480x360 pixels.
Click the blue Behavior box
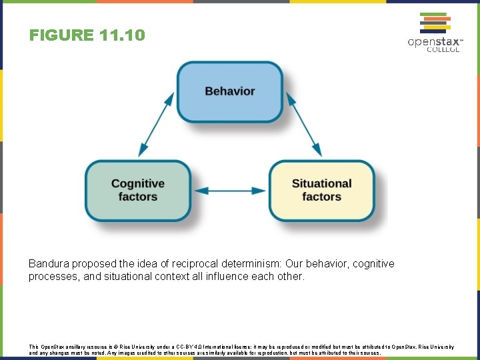click(229, 92)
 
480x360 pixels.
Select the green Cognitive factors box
click(138, 190)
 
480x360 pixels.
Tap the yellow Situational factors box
click(321, 190)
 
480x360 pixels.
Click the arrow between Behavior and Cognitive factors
click(157, 125)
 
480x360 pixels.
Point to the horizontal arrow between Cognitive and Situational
click(229, 191)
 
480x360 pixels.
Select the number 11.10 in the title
click(121, 35)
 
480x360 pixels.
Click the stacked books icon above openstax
click(434, 23)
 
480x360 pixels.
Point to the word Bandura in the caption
click(48, 264)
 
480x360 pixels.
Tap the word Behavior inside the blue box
click(229, 91)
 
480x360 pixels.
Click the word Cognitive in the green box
click(138, 183)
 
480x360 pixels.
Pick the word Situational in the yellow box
click(321, 183)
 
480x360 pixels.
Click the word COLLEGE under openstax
click(443, 50)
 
